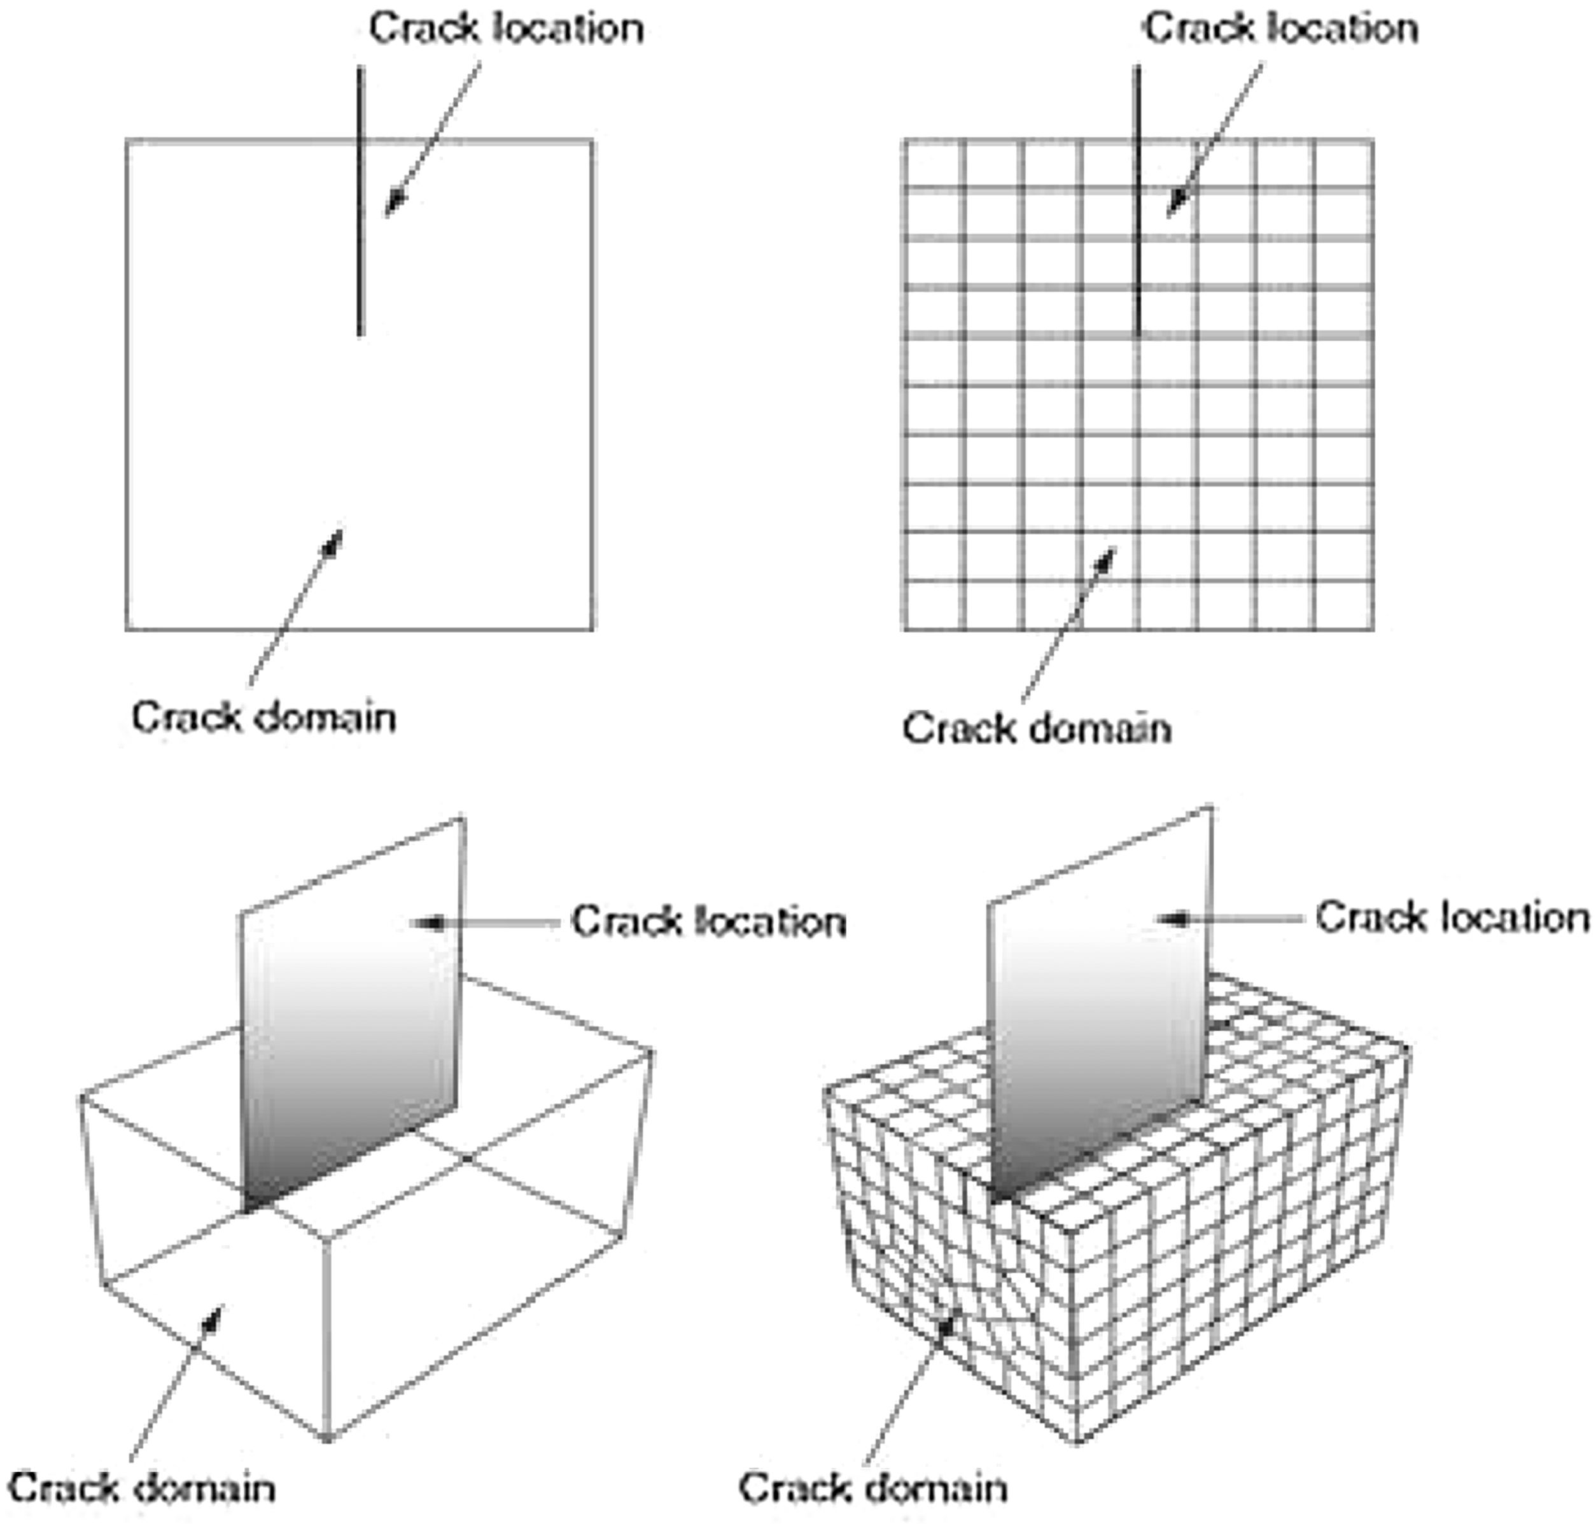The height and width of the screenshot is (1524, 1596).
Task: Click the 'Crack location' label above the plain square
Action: [x=506, y=29]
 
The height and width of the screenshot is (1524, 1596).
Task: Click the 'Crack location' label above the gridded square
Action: [x=1281, y=29]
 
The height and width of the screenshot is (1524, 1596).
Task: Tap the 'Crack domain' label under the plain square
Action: [x=264, y=718]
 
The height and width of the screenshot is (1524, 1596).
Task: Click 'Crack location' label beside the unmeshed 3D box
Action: [x=709, y=922]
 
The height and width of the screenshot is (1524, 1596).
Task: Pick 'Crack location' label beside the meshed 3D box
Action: [x=1452, y=918]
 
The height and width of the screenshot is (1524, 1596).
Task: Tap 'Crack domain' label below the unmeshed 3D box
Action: [x=141, y=1488]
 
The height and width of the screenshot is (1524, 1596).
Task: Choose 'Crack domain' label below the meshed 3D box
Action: [x=873, y=1488]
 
